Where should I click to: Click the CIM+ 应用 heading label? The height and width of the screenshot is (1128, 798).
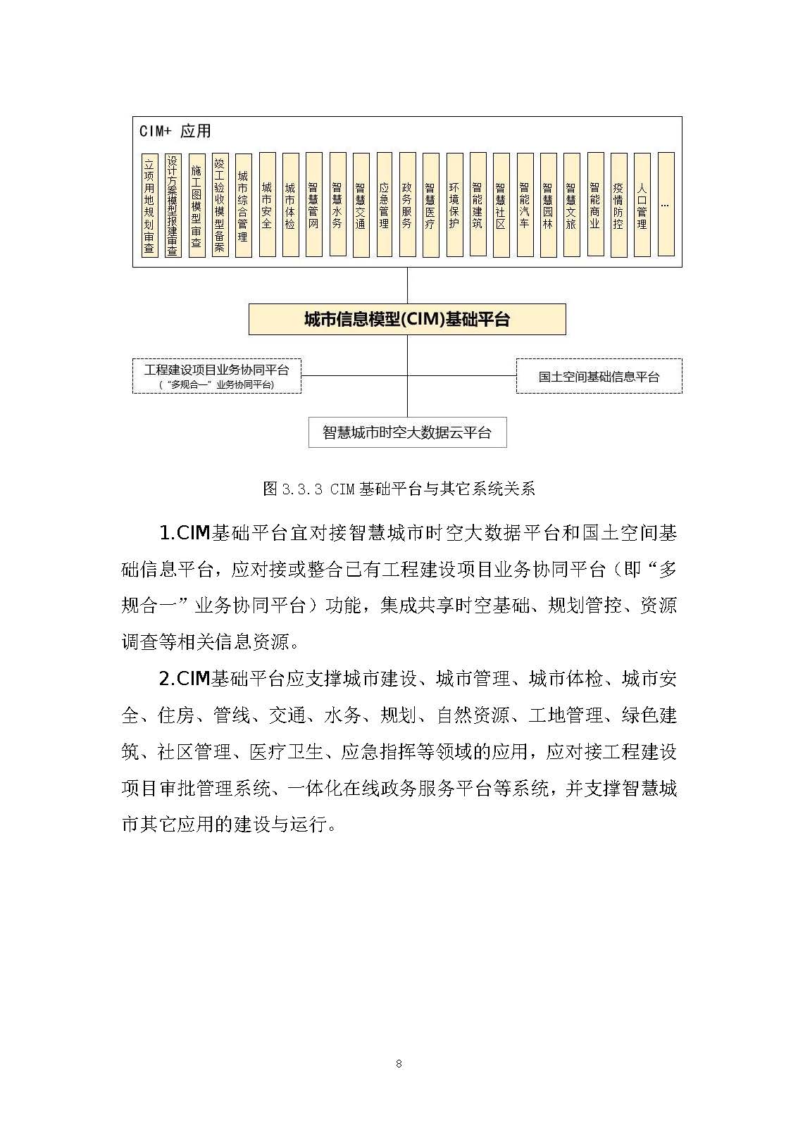point(175,132)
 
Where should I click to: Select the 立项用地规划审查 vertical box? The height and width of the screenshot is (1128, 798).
point(149,205)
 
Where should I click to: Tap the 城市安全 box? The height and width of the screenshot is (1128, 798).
point(267,205)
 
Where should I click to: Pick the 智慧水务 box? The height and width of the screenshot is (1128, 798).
point(337,205)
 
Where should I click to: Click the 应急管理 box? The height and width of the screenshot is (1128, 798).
point(384,205)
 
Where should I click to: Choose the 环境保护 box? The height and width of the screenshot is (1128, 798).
point(454,205)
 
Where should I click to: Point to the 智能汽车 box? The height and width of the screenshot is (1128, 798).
point(524,205)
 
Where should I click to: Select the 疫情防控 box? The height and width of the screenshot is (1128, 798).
point(618,205)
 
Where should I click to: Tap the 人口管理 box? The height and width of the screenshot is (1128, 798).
point(642,205)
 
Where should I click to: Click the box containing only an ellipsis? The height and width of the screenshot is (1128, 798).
point(666,205)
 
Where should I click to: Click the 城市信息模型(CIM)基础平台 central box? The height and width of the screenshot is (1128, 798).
point(407,320)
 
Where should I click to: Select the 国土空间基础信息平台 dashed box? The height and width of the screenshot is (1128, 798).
point(599,377)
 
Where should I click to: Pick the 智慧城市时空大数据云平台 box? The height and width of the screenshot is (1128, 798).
point(407,432)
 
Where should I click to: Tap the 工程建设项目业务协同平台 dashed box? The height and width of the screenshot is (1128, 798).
point(217,375)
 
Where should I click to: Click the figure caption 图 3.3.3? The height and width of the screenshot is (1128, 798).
point(399,489)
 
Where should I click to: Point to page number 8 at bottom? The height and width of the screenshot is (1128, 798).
point(399,1064)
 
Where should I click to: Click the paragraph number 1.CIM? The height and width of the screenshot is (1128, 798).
point(185,533)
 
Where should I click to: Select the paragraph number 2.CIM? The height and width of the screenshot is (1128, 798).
point(185,679)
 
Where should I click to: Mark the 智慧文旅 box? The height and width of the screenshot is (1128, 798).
point(571,205)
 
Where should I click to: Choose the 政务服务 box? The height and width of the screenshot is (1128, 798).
point(407,205)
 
